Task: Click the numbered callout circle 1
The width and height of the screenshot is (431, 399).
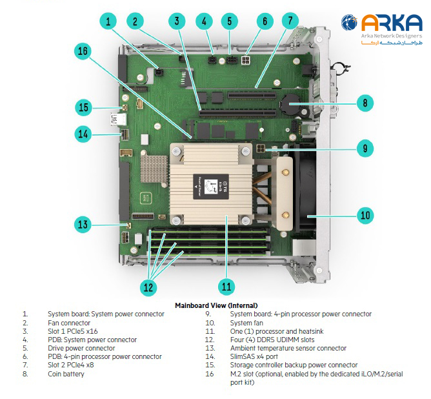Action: (x=108, y=21)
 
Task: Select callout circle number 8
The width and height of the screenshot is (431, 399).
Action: (x=365, y=102)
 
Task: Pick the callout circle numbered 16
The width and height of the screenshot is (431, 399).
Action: (x=83, y=52)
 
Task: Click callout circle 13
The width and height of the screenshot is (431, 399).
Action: (x=83, y=225)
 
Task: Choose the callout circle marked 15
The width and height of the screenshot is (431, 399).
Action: (x=83, y=107)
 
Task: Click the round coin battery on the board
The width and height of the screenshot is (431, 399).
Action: (x=290, y=103)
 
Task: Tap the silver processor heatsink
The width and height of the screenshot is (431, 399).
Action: (x=210, y=184)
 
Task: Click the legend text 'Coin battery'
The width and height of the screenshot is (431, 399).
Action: (x=66, y=374)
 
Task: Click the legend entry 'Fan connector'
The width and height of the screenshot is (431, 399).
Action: (x=69, y=323)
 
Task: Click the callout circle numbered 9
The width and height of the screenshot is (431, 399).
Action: (x=365, y=148)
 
